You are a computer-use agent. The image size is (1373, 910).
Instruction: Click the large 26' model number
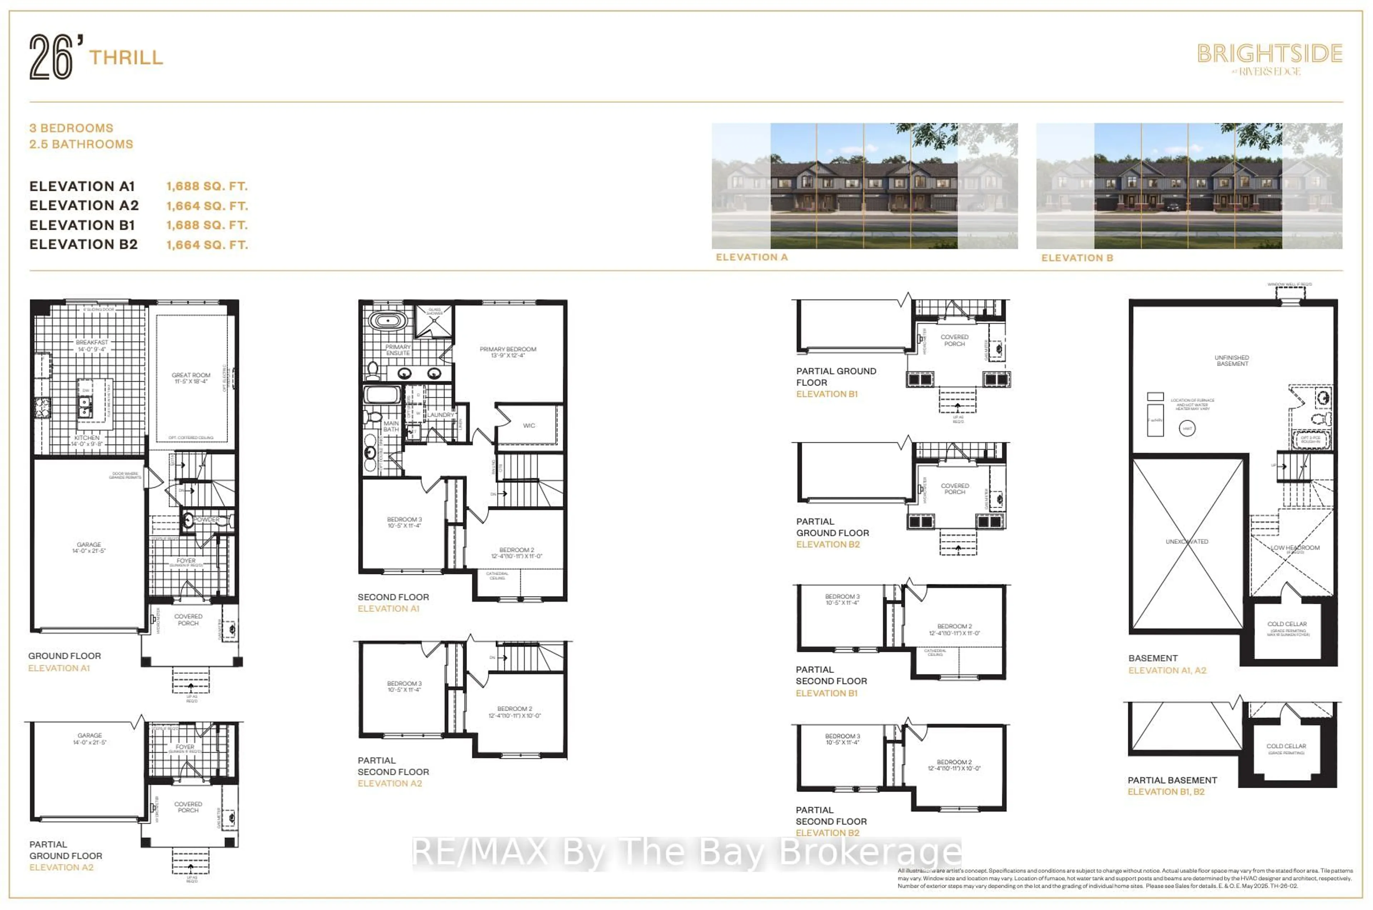click(x=52, y=57)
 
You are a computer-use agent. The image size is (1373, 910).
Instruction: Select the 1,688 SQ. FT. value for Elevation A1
click(x=207, y=186)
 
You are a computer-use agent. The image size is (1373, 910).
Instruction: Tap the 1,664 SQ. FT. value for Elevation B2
click(x=207, y=245)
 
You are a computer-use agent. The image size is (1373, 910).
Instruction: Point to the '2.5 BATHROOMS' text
click(x=81, y=144)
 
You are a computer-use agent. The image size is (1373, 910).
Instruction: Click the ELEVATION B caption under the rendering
click(x=1077, y=258)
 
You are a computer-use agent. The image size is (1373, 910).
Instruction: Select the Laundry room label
click(x=441, y=415)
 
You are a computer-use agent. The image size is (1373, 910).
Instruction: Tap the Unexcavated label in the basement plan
click(x=1187, y=541)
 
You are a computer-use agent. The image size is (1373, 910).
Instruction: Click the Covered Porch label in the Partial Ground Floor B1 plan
click(x=954, y=340)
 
